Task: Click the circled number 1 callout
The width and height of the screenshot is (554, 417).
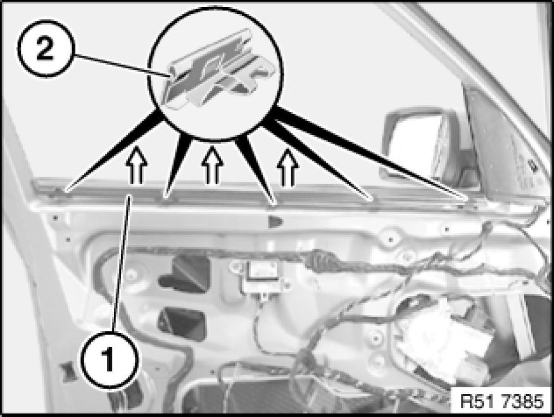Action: click(109, 359)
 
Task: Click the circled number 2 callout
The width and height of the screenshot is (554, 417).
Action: click(45, 48)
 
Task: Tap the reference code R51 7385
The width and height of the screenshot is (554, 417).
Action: click(501, 401)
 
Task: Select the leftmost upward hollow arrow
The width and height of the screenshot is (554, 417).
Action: click(136, 165)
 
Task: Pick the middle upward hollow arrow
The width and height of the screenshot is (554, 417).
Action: click(212, 165)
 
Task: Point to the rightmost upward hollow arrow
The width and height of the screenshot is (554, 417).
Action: click(288, 167)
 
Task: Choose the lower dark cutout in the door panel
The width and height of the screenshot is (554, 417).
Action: click(182, 324)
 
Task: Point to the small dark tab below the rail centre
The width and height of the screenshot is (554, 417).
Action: click(275, 221)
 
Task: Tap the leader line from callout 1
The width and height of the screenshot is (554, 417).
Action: click(122, 263)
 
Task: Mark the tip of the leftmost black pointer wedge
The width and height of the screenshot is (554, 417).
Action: click(65, 192)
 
